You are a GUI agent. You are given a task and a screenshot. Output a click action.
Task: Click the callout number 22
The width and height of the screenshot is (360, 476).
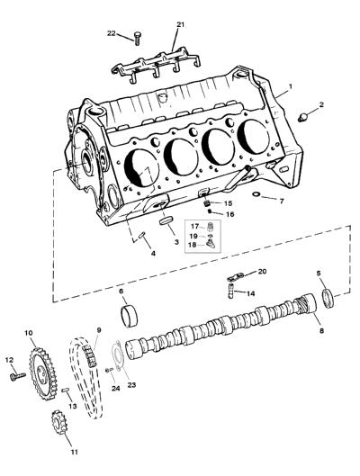(112, 33)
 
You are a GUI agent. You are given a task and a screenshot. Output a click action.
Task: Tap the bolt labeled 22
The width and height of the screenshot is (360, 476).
(137, 39)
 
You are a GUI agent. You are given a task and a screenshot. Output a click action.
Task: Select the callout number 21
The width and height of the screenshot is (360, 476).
(180, 24)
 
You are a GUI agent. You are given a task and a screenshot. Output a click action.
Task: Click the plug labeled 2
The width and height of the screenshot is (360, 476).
(302, 118)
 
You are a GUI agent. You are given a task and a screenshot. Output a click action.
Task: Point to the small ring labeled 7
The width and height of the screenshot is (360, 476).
(256, 194)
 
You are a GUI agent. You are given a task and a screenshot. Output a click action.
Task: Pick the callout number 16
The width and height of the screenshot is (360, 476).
(230, 214)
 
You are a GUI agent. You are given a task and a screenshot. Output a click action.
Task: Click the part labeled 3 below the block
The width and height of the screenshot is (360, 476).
(166, 220)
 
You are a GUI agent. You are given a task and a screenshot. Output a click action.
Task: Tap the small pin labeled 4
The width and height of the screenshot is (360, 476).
(142, 235)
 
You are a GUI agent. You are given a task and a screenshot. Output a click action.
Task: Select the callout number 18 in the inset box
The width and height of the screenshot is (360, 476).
(192, 245)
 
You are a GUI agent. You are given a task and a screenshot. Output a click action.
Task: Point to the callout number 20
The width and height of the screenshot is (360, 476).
(262, 271)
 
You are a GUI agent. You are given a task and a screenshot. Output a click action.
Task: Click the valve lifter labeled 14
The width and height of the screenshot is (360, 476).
(230, 292)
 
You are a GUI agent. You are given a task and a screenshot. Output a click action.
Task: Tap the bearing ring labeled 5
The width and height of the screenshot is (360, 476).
(328, 299)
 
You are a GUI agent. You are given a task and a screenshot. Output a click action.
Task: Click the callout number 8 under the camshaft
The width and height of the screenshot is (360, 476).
(321, 330)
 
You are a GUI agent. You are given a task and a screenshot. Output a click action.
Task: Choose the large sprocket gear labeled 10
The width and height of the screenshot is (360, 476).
(43, 373)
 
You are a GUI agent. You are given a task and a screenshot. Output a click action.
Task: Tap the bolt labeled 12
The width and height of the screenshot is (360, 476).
(18, 376)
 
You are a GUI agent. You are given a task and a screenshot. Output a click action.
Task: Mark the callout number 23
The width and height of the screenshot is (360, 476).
(131, 385)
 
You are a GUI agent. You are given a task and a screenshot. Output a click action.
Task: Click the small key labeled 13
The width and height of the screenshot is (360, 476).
(66, 391)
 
